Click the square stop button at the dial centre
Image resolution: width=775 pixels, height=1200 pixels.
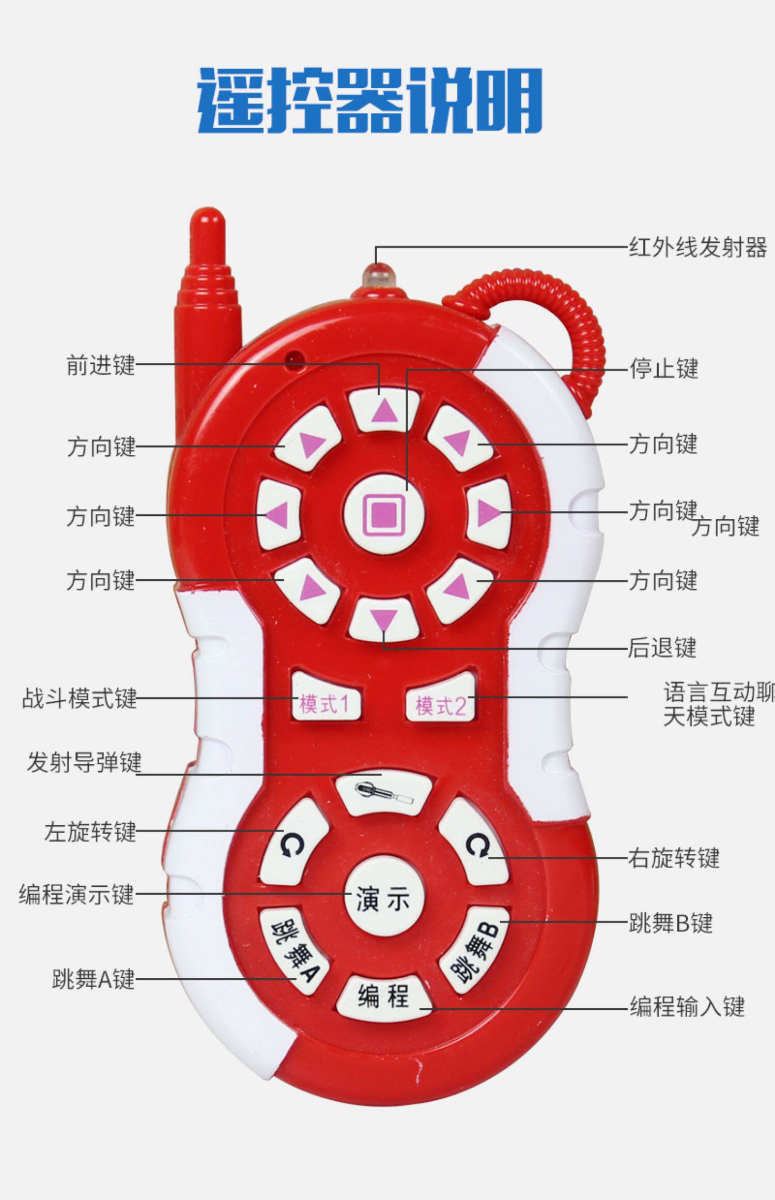click(x=384, y=514)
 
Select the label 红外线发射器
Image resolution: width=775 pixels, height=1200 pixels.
click(x=698, y=248)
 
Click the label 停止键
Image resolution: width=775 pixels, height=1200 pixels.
click(x=663, y=369)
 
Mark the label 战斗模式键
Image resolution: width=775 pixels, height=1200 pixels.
click(x=79, y=698)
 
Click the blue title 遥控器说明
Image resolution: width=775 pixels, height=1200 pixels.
click(x=370, y=100)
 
